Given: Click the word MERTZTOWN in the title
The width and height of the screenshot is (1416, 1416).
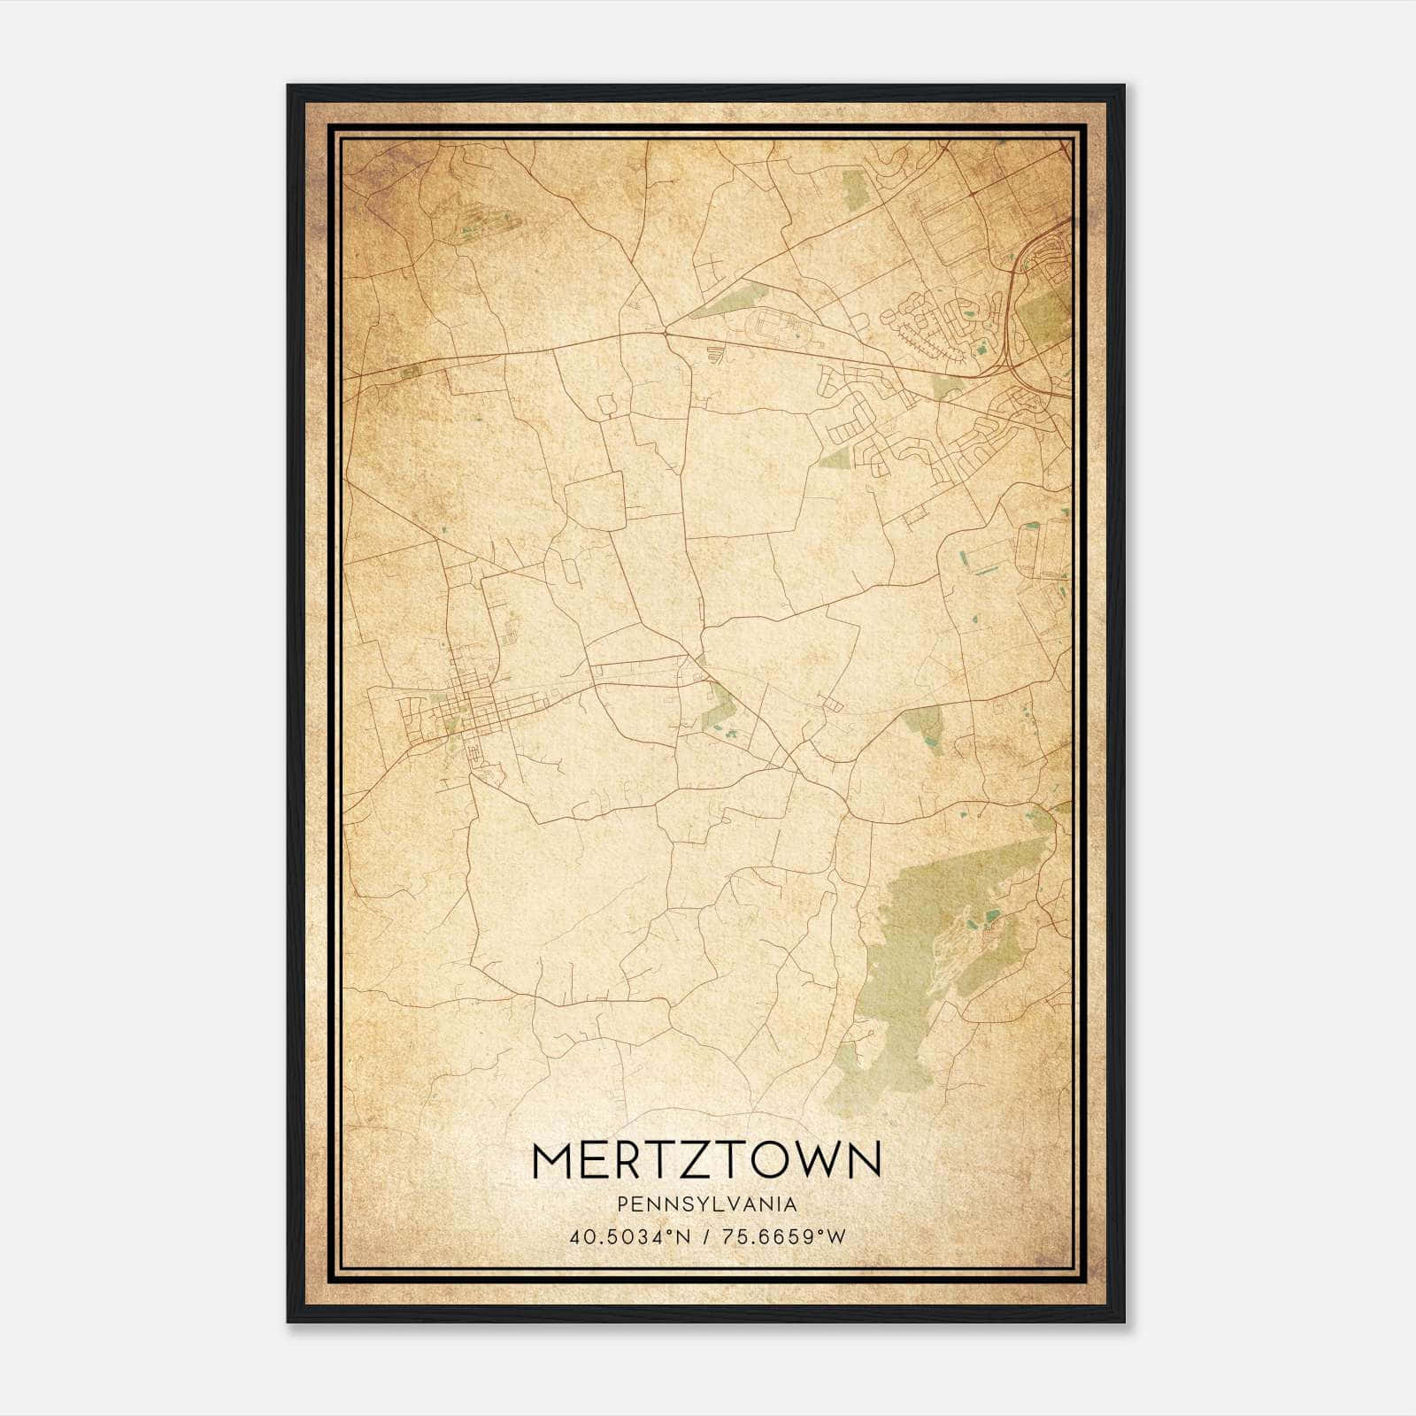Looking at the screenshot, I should tap(707, 1161).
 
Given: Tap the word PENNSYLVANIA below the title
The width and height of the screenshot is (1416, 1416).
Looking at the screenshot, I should tap(707, 1204).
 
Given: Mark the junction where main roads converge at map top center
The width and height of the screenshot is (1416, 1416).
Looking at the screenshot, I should tap(664, 330).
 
